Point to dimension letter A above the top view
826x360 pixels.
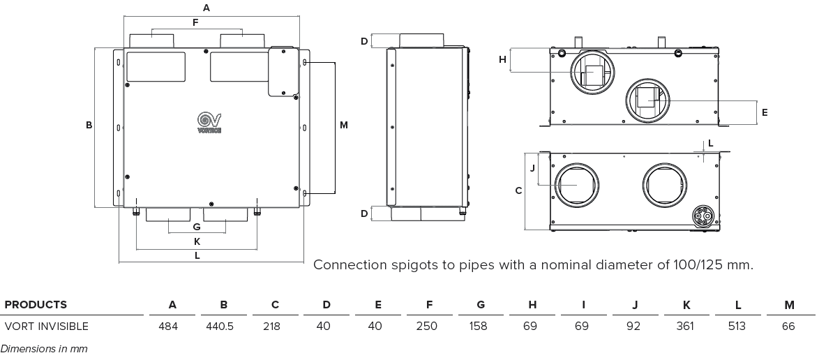coord(206,8)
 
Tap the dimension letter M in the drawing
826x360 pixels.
coord(344,125)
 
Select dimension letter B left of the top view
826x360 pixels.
coord(89,126)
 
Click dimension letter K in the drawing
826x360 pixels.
coord(197,241)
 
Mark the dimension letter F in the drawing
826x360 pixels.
coord(195,22)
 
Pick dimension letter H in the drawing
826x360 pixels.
coord(502,59)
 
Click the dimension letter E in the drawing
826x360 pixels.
coord(765,112)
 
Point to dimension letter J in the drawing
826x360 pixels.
coord(532,167)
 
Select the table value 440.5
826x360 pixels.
coord(224,326)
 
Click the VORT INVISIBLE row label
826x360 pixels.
coord(46,326)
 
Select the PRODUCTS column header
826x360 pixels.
coord(36,305)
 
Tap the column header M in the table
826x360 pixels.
coord(789,305)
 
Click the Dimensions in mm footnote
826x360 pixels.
coord(44,348)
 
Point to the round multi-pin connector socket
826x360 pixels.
coord(703,216)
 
